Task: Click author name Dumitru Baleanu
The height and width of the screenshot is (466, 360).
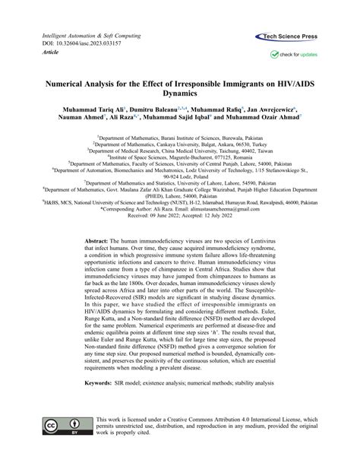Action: pyautogui.click(x=150, y=110)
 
